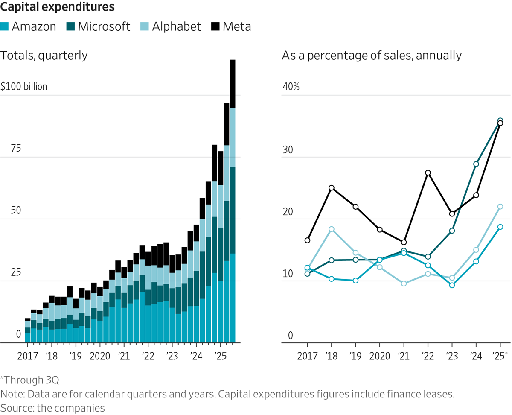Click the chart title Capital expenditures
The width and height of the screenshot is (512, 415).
tap(57, 7)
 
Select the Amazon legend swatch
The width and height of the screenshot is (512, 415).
tap(5, 26)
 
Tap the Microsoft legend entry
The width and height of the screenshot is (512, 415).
tap(98, 26)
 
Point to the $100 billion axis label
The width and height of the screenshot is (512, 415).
tap(24, 87)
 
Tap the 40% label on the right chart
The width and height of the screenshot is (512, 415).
tap(291, 87)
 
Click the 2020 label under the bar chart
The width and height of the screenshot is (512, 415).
tap(100, 355)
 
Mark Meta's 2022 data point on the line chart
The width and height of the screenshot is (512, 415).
tap(428, 173)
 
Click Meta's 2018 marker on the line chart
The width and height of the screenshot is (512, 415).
tap(332, 188)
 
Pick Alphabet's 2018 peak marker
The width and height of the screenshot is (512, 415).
tap(332, 229)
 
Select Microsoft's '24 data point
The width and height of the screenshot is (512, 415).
tap(476, 164)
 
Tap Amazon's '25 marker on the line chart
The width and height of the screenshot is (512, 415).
tap(500, 227)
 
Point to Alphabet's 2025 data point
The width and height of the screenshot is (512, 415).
tap(500, 207)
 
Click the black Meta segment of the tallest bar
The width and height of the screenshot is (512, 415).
tap(233, 83)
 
